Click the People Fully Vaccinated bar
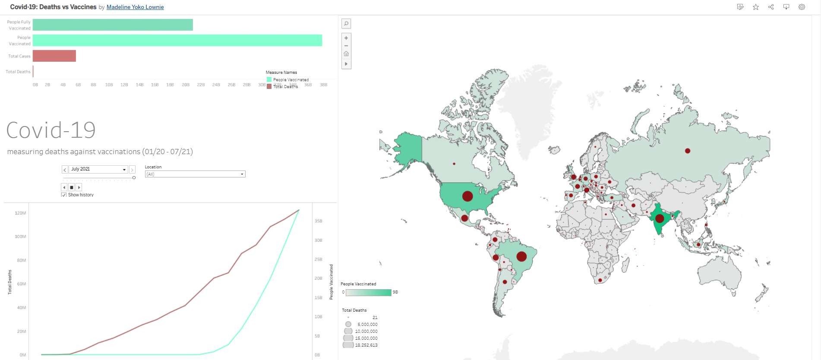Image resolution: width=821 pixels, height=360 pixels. (x=113, y=25)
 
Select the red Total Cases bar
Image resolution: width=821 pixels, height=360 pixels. (x=54, y=56)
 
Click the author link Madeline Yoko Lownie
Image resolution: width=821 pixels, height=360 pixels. (x=135, y=7)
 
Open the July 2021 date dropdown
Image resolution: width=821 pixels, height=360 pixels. (x=124, y=170)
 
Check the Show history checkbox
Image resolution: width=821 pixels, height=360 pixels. (x=64, y=195)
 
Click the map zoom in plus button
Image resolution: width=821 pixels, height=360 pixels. (x=346, y=38)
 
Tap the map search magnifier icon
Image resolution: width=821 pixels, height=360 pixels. (x=346, y=24)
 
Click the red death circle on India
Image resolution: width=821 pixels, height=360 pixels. (x=659, y=218)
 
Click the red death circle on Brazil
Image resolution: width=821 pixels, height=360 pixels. (x=521, y=256)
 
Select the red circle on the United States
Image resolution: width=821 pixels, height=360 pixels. (x=467, y=196)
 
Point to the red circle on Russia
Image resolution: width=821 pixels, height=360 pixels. (x=688, y=151)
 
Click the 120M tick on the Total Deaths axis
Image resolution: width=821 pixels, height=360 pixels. (x=20, y=213)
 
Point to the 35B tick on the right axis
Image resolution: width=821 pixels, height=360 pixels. (x=318, y=221)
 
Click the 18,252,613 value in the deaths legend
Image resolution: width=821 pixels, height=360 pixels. (x=366, y=345)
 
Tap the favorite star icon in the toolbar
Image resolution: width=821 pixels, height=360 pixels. (x=756, y=7)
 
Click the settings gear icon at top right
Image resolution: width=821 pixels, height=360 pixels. (x=802, y=7)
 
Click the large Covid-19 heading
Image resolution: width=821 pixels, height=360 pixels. (x=51, y=130)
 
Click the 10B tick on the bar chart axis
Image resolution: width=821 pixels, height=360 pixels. (x=109, y=85)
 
